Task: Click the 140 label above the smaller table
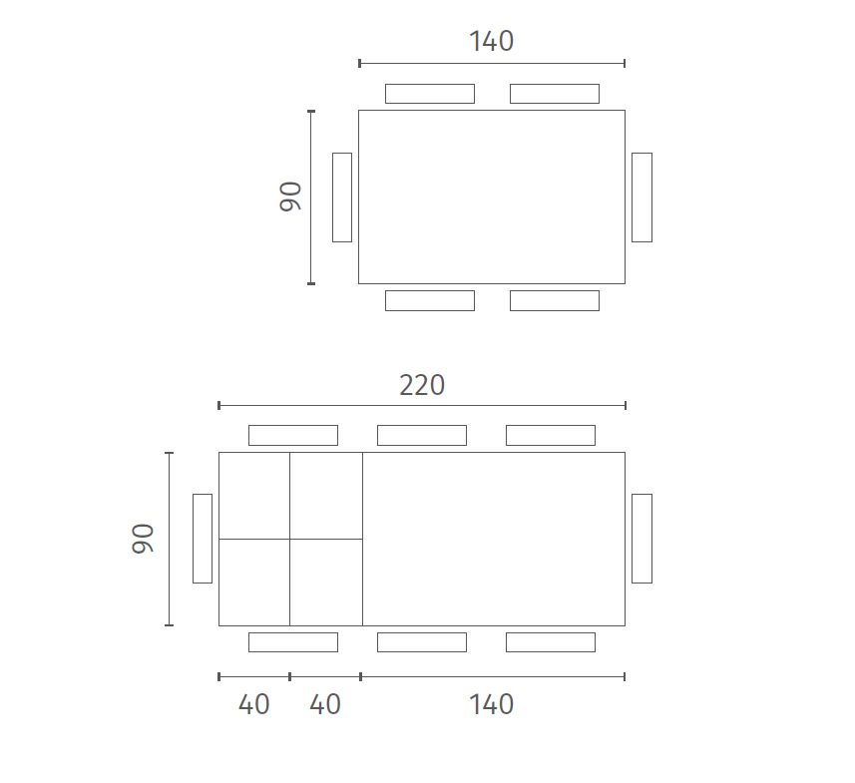(491, 42)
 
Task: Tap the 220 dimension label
(422, 385)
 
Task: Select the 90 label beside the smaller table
(290, 196)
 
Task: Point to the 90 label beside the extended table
(143, 539)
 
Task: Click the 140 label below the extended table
(491, 704)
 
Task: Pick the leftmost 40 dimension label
(254, 704)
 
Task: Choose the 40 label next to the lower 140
(325, 704)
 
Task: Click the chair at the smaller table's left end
(342, 197)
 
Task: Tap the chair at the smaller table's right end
(641, 197)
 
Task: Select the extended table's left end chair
(203, 539)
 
